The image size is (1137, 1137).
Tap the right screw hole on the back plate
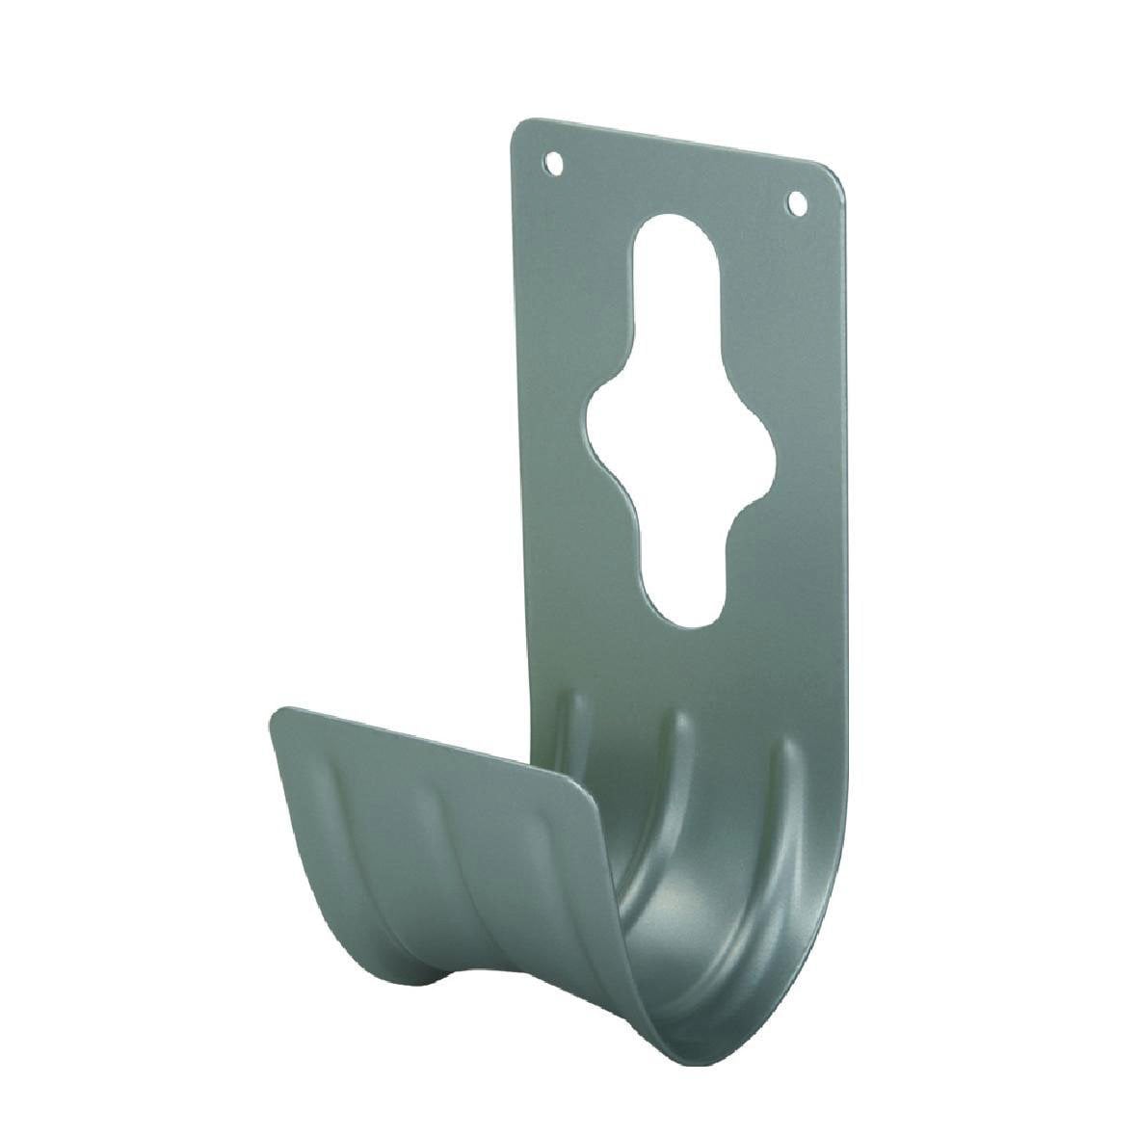(x=796, y=202)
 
